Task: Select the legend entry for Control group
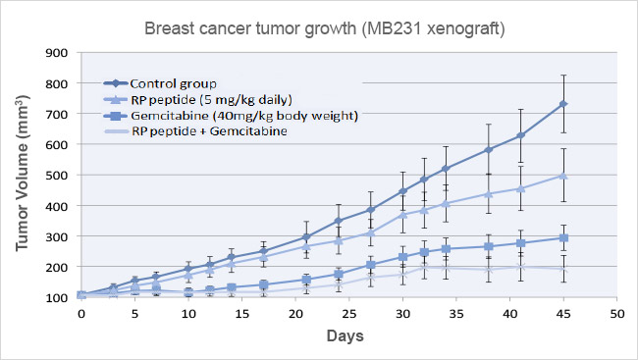click(x=173, y=82)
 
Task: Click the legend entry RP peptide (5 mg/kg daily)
click(x=208, y=99)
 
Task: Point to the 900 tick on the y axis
click(x=57, y=53)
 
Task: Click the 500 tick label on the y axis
click(x=57, y=175)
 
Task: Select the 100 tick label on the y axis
click(x=57, y=297)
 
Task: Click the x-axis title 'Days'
click(x=348, y=335)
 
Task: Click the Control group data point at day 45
click(x=562, y=104)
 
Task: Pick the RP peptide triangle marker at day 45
click(x=562, y=175)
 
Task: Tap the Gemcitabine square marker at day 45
click(x=562, y=237)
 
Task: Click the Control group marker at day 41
click(x=520, y=135)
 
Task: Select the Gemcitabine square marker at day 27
click(x=370, y=265)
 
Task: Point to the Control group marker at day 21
click(x=306, y=236)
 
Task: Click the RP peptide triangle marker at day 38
click(x=488, y=194)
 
